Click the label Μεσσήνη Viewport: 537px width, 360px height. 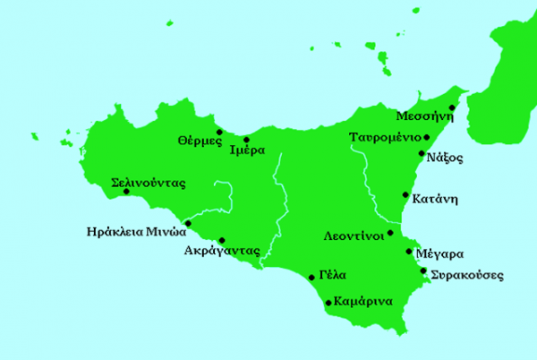click(422, 116)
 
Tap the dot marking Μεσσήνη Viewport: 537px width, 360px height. click(452, 107)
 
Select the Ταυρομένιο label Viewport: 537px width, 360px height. click(385, 138)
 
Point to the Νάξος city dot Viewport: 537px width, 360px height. click(422, 154)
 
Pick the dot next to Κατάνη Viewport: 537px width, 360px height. click(405, 193)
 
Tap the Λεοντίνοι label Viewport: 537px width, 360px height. click(354, 237)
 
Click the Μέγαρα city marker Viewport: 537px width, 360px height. click(411, 250)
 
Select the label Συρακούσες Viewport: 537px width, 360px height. click(466, 274)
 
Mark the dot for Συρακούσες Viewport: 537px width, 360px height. click(422, 270)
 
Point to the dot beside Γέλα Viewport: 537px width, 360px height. click(311, 277)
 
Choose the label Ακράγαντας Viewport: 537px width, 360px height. click(220, 252)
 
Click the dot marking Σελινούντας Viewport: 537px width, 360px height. click(126, 191)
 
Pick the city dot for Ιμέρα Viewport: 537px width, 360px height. click(246, 140)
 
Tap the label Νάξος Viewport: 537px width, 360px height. click(445, 159)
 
